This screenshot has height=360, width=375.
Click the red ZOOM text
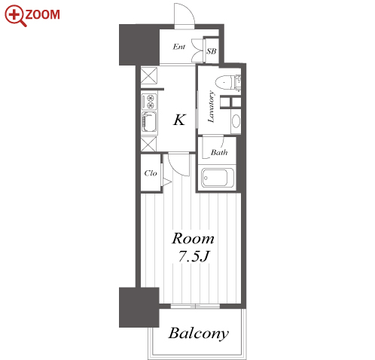pyautogui.click(x=42, y=14)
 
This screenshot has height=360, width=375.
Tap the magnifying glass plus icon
pyautogui.click(x=15, y=16)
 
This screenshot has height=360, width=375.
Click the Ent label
pyautogui.click(x=179, y=47)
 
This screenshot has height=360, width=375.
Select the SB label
pyautogui.click(x=212, y=51)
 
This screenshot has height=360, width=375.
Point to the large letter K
pyautogui.click(x=179, y=120)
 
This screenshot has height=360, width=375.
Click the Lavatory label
pyautogui.click(x=212, y=107)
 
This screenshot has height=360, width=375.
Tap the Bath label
pyautogui.click(x=219, y=152)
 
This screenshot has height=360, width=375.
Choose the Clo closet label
pyautogui.click(x=151, y=173)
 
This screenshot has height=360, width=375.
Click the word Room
pyautogui.click(x=193, y=239)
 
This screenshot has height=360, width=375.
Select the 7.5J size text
pyautogui.click(x=194, y=256)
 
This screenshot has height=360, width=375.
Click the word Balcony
pyautogui.click(x=198, y=334)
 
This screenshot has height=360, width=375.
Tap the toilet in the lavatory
pyautogui.click(x=228, y=81)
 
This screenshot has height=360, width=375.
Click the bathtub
pyautogui.click(x=218, y=178)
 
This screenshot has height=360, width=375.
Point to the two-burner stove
pyautogui.click(x=149, y=102)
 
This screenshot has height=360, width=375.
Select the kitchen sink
pyautogui.click(x=149, y=122)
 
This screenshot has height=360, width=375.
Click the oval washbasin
pyautogui.click(x=236, y=121)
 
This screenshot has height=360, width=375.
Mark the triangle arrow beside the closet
pyautogui.click(x=166, y=182)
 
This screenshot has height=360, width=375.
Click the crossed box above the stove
pyautogui.click(x=149, y=75)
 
